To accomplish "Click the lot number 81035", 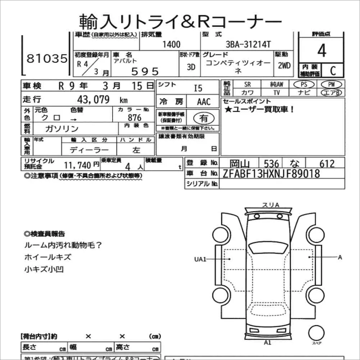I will [47, 59].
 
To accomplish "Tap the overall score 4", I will [322, 51].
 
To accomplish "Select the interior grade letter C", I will [332, 71].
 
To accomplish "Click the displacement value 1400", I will [171, 45].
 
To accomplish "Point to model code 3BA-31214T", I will [248, 45].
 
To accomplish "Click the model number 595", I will [145, 71].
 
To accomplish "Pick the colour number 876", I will [134, 118].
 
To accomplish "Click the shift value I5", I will [198, 88].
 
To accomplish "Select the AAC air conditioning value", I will [204, 102].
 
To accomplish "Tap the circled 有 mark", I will [203, 118].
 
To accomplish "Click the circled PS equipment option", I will [304, 84].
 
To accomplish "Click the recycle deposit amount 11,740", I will [78, 165].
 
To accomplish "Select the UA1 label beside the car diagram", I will [200, 259].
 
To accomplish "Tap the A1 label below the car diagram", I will [267, 342].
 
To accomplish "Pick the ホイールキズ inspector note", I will [48, 257].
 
